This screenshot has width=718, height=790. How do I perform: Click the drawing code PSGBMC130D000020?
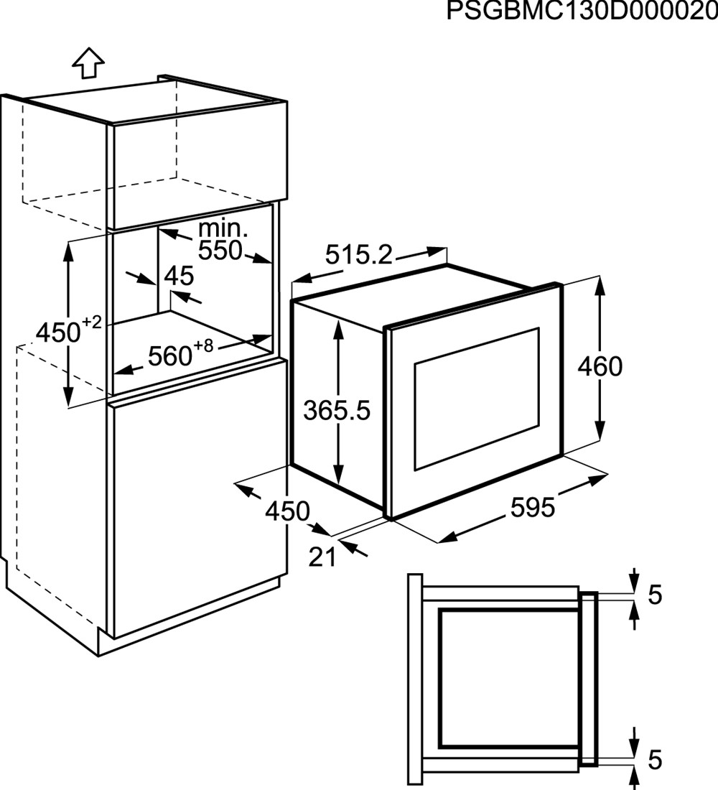582,11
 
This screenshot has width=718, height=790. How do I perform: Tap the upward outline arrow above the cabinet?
88,63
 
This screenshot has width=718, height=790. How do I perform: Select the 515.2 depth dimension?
358,254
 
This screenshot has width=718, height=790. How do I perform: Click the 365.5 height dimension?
337,411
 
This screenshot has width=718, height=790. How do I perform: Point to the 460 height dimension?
600,366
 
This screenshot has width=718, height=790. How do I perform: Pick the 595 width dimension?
533,507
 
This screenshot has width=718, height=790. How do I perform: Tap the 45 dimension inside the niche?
179,276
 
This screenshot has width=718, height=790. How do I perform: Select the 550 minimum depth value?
220,251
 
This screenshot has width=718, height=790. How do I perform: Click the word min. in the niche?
223,229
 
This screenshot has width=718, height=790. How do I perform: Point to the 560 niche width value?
170,356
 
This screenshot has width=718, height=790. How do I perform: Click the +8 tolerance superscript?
204,345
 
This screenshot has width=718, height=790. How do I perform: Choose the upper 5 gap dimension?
655,595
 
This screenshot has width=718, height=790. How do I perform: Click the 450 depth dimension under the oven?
288,511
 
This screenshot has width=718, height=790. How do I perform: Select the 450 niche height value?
58,333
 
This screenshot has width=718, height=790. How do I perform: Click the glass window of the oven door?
477,399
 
